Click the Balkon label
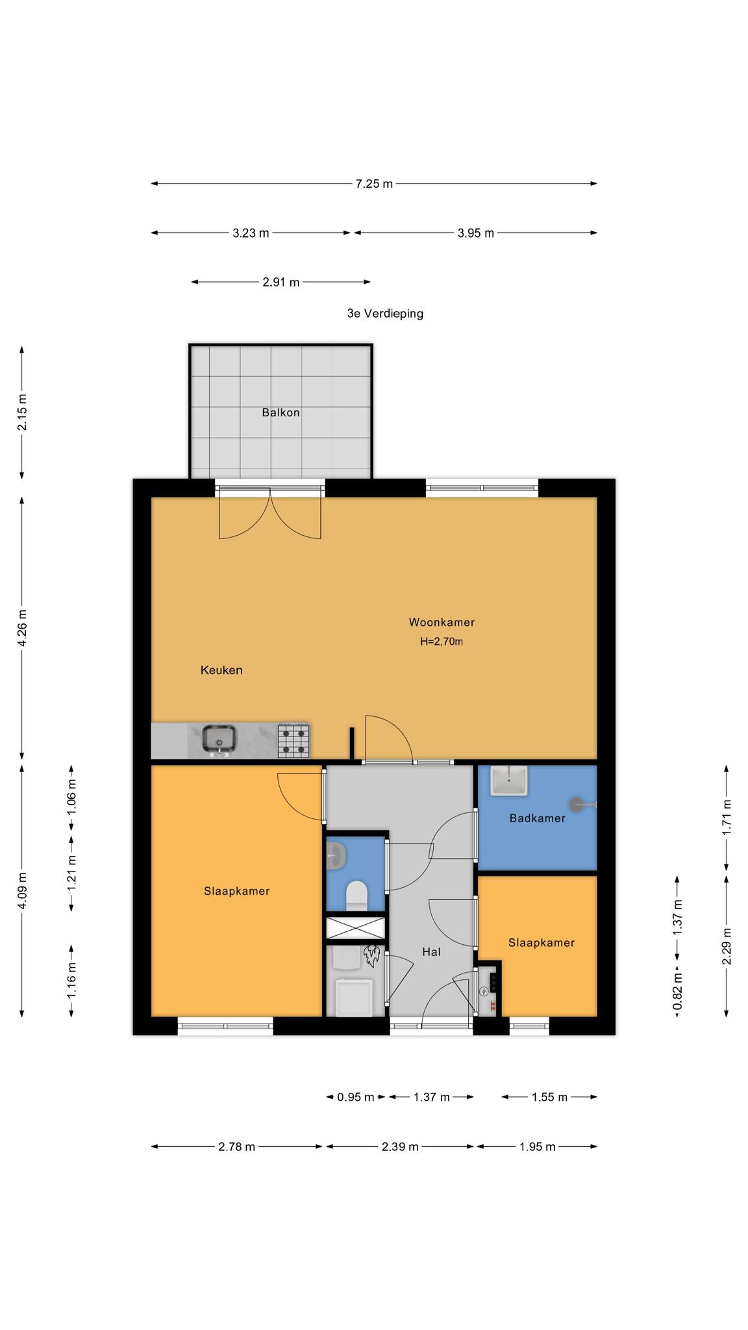[x=280, y=412]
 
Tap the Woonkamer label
[x=442, y=622]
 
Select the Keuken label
[x=221, y=670]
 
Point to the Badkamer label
[x=537, y=818]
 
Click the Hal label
[x=431, y=952]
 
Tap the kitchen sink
[x=219, y=740]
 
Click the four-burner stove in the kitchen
[x=293, y=741]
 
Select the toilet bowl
[x=356, y=896]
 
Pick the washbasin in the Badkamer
[x=509, y=781]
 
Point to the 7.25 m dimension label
[x=374, y=184]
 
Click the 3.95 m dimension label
[x=476, y=233]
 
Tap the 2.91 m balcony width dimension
[x=281, y=282]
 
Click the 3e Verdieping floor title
[x=385, y=314]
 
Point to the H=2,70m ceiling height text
[x=442, y=642]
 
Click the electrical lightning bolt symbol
[x=483, y=992]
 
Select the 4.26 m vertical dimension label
[x=22, y=628]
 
